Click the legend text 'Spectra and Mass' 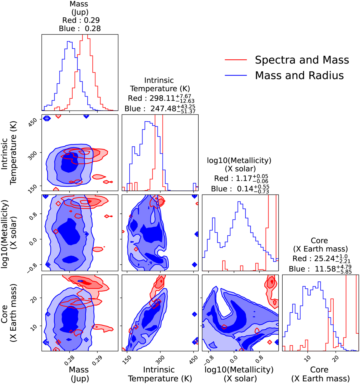click(x=302, y=60)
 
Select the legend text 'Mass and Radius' click(x=299, y=75)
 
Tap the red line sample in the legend click(x=236, y=60)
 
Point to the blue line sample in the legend click(x=236, y=75)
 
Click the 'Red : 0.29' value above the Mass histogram click(x=81, y=20)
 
